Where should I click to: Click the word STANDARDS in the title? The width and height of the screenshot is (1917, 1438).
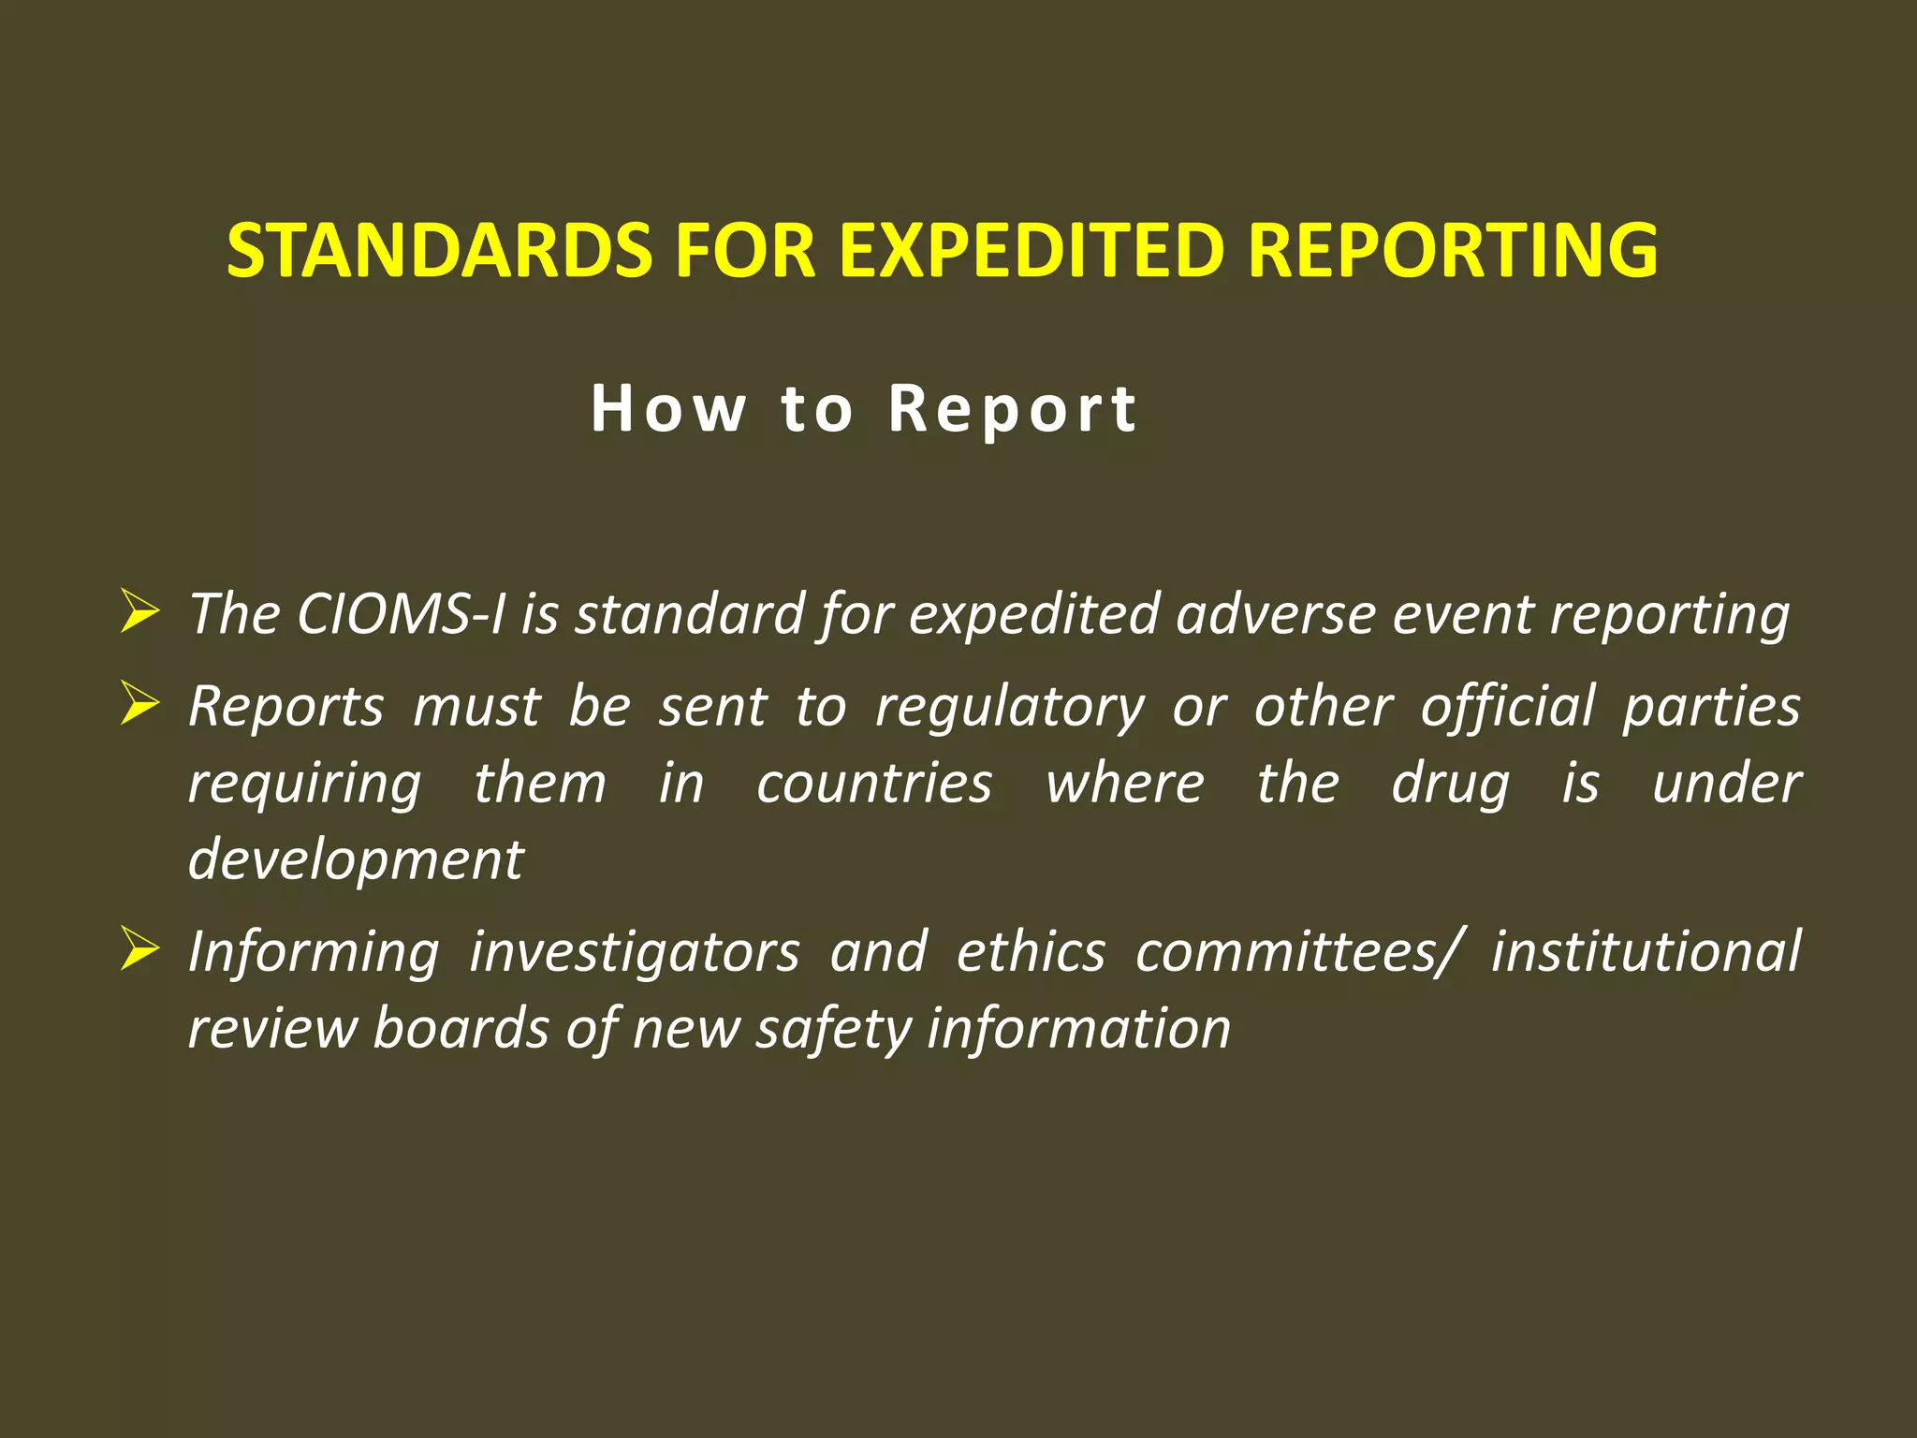439,251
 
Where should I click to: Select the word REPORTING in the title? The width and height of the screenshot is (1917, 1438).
1453,251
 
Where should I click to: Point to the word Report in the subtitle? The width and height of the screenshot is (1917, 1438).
1013,409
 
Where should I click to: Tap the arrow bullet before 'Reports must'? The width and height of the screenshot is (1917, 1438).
139,705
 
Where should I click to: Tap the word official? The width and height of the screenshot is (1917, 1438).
1507,706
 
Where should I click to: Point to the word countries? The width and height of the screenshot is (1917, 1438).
873,784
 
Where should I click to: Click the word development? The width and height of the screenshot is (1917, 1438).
356,860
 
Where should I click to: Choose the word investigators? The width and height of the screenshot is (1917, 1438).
635,953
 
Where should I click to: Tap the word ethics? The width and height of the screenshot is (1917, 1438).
1031,951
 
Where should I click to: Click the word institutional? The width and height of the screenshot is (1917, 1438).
1645,951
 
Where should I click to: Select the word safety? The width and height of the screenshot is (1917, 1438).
833,1030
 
